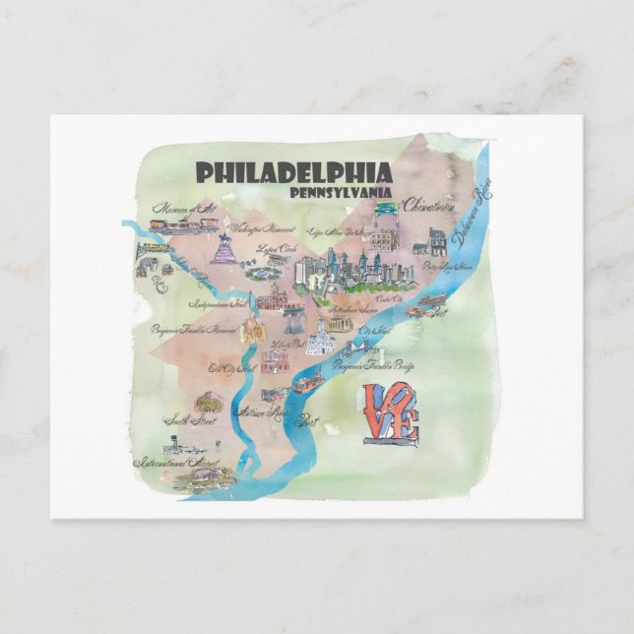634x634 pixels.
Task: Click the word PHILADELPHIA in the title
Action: [293, 172]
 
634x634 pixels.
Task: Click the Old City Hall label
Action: [232, 368]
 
